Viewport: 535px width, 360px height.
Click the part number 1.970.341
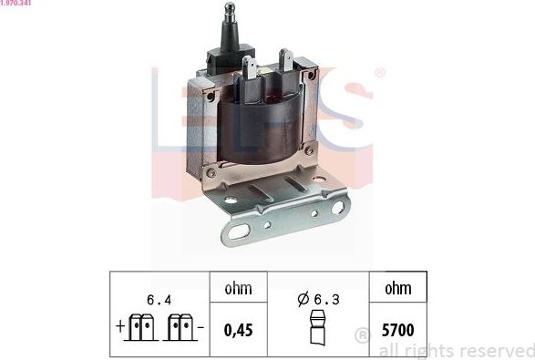(17, 5)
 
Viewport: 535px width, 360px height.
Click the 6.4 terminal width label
(159, 299)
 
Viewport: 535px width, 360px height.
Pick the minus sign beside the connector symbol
(201, 324)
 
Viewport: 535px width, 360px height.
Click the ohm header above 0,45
(238, 289)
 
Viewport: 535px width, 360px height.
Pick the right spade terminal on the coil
(284, 62)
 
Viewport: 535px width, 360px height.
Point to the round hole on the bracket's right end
(337, 208)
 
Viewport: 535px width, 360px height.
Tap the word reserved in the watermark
(492, 351)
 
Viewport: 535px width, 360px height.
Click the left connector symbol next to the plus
(140, 327)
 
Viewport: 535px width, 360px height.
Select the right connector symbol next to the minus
(180, 327)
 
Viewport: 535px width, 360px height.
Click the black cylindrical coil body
(260, 132)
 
